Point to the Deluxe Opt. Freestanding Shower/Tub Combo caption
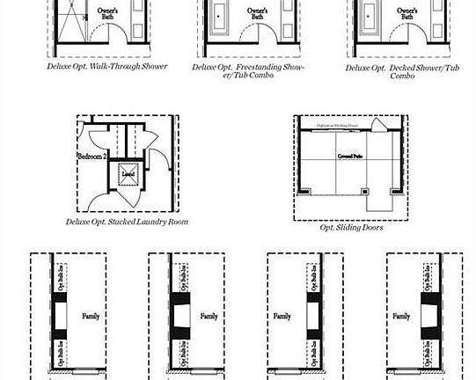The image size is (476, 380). (x=248, y=71)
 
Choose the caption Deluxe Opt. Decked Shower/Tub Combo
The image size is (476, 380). (x=402, y=71)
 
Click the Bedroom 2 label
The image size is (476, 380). (x=92, y=156)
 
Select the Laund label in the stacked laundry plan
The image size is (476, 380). (x=128, y=174)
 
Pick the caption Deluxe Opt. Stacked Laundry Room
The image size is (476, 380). (x=127, y=223)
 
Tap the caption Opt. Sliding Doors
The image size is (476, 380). (x=351, y=227)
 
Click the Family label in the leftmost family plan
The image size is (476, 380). (x=91, y=316)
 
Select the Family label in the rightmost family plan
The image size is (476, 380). (x=400, y=316)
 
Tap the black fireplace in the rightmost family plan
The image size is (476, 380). (x=428, y=315)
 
